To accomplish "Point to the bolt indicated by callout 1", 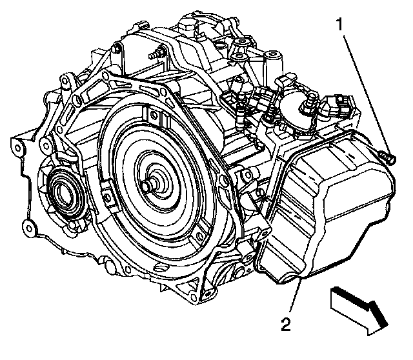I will [x=387, y=156].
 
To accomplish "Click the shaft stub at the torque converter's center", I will [x=150, y=183].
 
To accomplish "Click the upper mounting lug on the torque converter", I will [x=152, y=116].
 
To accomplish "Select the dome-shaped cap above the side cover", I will [x=294, y=100].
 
